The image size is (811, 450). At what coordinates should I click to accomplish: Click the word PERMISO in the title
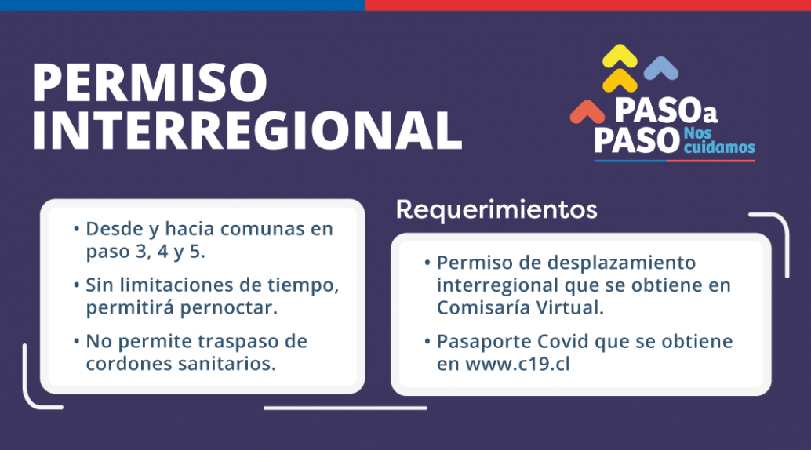click(150, 83)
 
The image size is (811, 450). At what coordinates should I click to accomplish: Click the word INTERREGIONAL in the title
click(247, 130)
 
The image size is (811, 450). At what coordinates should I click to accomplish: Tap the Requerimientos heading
click(496, 210)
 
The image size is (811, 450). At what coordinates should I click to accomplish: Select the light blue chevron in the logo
click(661, 69)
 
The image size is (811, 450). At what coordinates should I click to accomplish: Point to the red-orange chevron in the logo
click(587, 112)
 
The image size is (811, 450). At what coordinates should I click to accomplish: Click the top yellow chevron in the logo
click(620, 56)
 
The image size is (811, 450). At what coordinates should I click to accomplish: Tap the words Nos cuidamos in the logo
click(719, 140)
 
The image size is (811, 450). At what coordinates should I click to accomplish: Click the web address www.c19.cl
click(518, 364)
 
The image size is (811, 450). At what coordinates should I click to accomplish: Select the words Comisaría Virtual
click(520, 308)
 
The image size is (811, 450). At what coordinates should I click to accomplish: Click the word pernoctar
click(228, 308)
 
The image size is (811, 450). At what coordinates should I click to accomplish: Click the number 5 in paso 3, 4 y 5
click(195, 252)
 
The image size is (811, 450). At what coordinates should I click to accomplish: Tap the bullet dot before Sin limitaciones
click(77, 285)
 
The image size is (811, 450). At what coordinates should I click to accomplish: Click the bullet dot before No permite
click(77, 341)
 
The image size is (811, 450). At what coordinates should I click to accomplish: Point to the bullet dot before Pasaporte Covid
click(427, 341)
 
